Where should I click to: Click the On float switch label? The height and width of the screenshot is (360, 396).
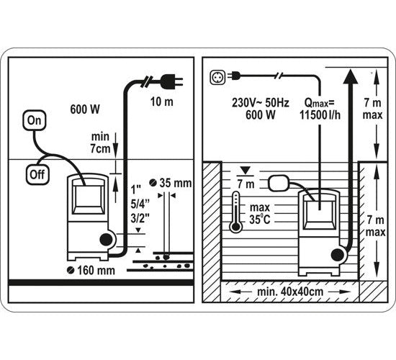pyautogui.click(x=35, y=120)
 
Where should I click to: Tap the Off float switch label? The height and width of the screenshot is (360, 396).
pyautogui.click(x=37, y=174)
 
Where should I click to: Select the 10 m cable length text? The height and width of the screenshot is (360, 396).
pyautogui.click(x=162, y=102)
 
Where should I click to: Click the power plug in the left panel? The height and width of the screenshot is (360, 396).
pyautogui.click(x=171, y=81)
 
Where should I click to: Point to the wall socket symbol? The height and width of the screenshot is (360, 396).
pyautogui.click(x=217, y=77)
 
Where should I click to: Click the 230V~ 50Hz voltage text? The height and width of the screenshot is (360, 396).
pyautogui.click(x=261, y=103)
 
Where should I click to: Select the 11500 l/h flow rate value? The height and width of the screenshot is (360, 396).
pyautogui.click(x=320, y=115)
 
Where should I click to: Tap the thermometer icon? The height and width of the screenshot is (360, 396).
pyautogui.click(x=235, y=212)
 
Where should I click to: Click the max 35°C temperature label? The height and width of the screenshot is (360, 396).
pyautogui.click(x=260, y=213)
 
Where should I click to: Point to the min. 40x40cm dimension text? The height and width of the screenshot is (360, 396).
pyautogui.click(x=290, y=292)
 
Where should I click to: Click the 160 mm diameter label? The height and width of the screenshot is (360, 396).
pyautogui.click(x=91, y=270)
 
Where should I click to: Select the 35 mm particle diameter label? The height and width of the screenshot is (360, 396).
pyautogui.click(x=171, y=183)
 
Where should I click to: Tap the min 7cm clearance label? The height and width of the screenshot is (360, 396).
pyautogui.click(x=101, y=143)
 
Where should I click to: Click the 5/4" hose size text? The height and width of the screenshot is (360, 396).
pyautogui.click(x=140, y=204)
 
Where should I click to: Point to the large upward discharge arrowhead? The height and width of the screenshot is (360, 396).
pyautogui.click(x=351, y=76)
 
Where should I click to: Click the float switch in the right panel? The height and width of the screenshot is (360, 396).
pyautogui.click(x=278, y=183)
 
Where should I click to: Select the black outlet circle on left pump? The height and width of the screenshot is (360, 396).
pyautogui.click(x=106, y=240)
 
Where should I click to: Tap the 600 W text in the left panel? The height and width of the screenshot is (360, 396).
pyautogui.click(x=85, y=109)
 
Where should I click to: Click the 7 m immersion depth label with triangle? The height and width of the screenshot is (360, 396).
pyautogui.click(x=246, y=179)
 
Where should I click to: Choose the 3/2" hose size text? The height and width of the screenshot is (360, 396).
pyautogui.click(x=140, y=218)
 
